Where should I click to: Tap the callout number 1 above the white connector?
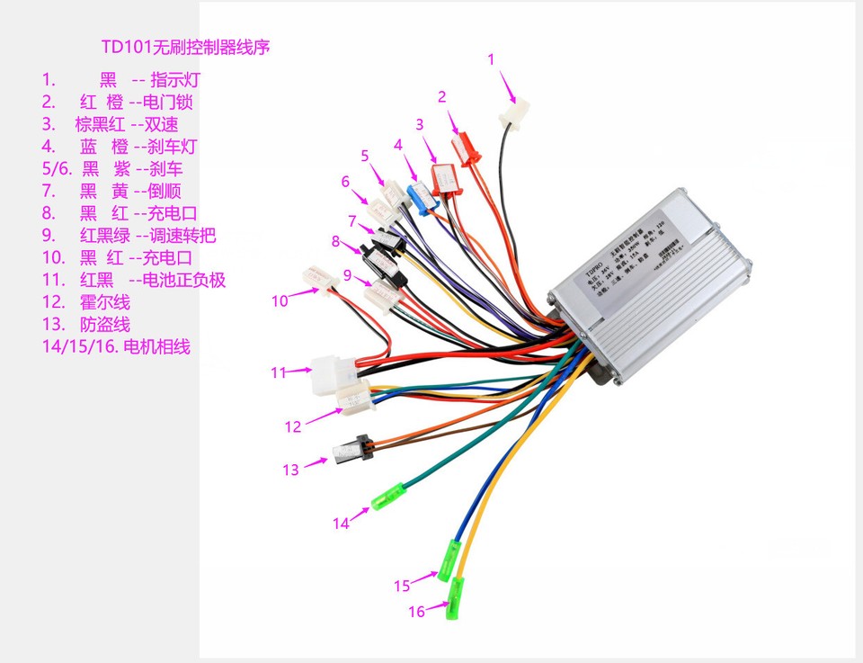pyautogui.click(x=491, y=59)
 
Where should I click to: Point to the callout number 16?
pyautogui.click(x=416, y=612)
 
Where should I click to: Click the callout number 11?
pyautogui.click(x=279, y=371)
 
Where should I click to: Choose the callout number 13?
pyautogui.click(x=290, y=470)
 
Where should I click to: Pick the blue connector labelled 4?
pyautogui.click(x=421, y=195)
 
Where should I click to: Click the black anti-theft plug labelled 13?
pyautogui.click(x=349, y=450)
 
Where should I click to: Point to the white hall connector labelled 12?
pyautogui.click(x=355, y=398)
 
